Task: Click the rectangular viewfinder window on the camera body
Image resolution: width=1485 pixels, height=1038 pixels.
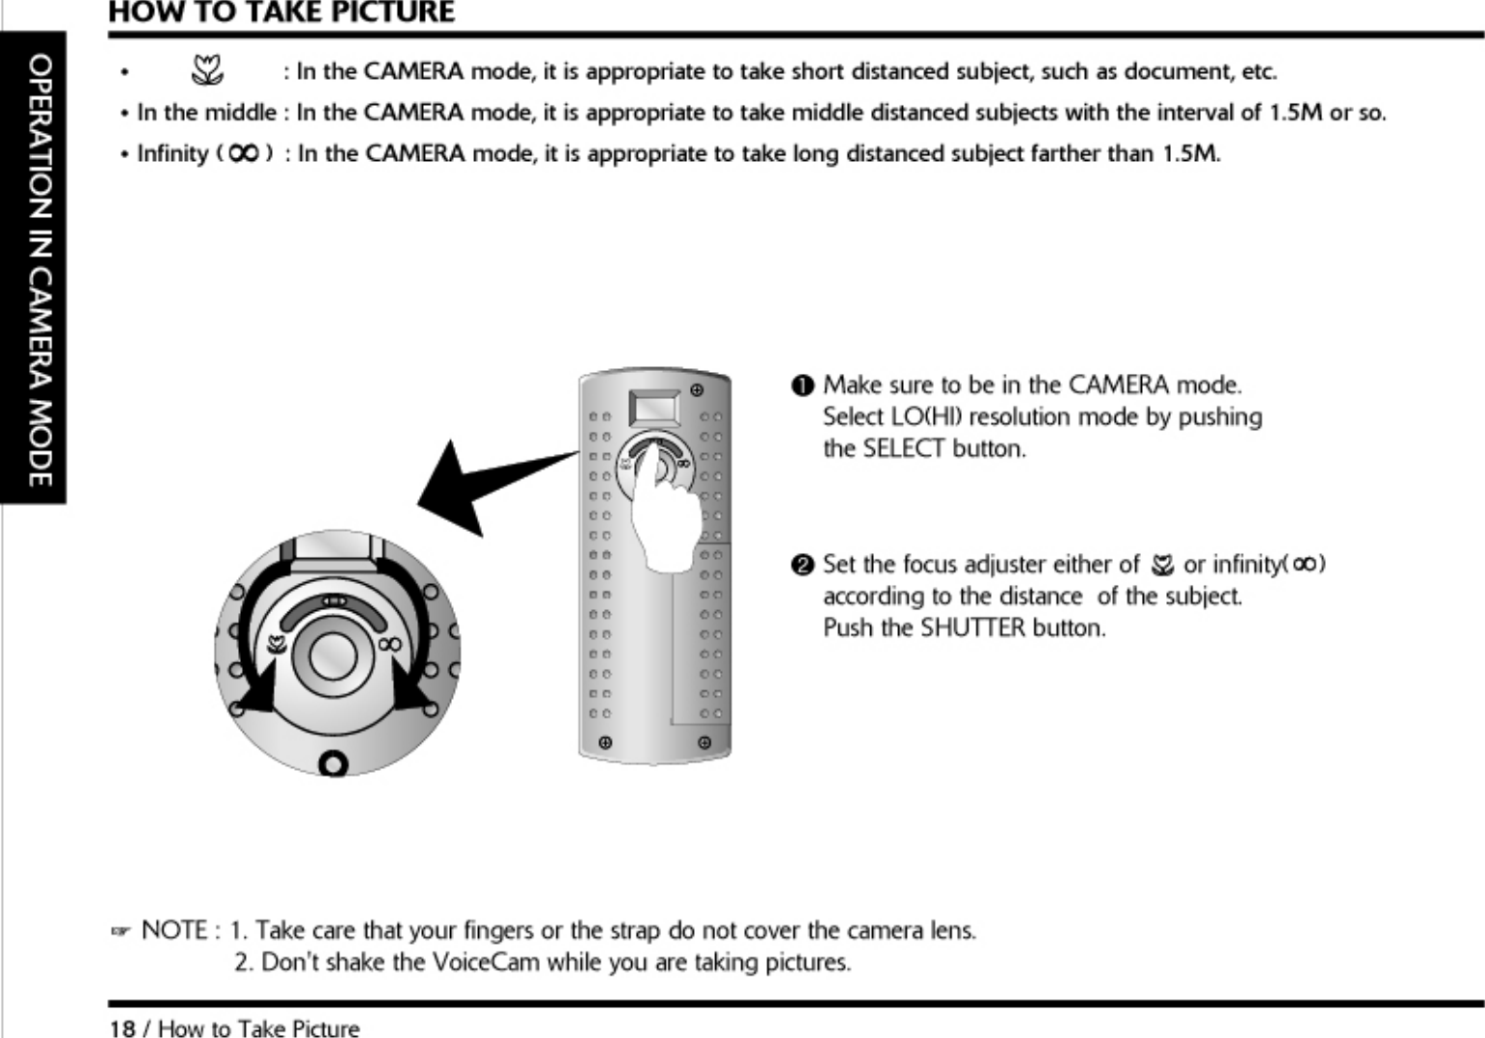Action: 653,408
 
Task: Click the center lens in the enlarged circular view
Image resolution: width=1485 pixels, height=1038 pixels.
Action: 332,658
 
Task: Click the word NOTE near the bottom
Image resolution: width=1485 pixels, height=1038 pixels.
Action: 174,931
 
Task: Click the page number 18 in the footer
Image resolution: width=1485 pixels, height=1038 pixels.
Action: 122,1029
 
